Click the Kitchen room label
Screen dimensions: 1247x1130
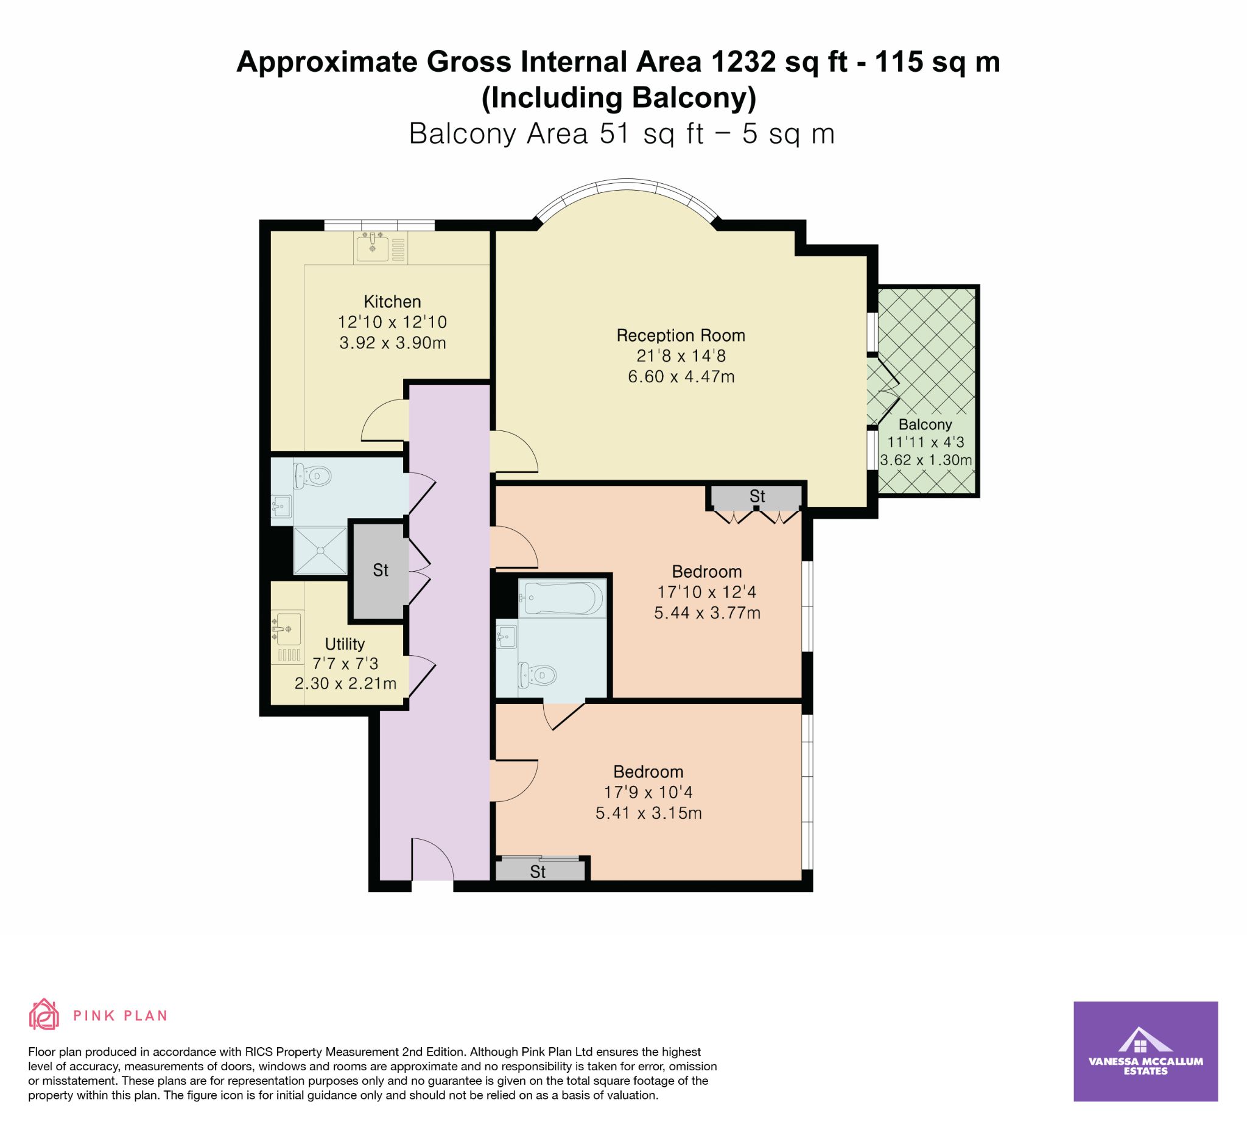[x=392, y=302]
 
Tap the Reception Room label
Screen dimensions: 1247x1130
[x=680, y=336]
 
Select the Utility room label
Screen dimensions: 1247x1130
[x=345, y=645]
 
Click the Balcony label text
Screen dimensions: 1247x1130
[x=925, y=425]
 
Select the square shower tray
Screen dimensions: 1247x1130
[x=320, y=550]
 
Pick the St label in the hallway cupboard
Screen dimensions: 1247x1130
[x=381, y=570]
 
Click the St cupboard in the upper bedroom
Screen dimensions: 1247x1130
[x=756, y=497]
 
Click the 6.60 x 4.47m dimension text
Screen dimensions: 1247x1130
[x=681, y=377]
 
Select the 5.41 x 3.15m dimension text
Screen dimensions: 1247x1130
[x=648, y=813]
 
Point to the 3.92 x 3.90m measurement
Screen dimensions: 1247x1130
[x=392, y=343]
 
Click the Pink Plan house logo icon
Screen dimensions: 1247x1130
[x=44, y=1014]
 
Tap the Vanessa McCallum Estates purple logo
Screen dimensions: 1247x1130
[x=1145, y=1051]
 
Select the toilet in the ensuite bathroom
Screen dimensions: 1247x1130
[x=536, y=675]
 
